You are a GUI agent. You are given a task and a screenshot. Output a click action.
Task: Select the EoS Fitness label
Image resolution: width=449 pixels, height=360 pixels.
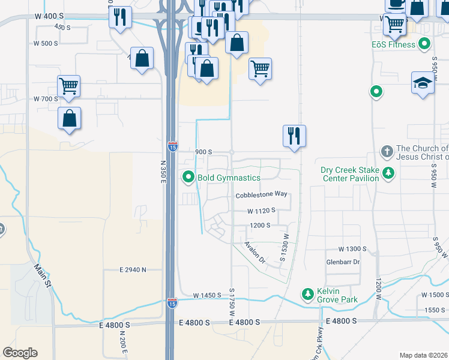point(393,44)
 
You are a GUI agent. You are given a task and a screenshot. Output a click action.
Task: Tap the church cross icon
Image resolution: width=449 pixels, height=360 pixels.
point(387,150)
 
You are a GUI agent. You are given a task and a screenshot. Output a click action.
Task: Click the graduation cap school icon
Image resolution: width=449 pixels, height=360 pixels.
point(423,83)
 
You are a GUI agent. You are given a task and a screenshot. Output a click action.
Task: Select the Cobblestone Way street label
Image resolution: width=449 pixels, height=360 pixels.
point(261,194)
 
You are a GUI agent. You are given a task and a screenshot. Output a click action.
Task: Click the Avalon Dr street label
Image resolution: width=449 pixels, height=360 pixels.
point(255,252)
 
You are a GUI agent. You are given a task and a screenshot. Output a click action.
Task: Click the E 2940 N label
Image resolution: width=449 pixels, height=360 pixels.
point(133,270)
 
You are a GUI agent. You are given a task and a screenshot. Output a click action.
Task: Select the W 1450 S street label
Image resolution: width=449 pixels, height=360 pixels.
point(207,296)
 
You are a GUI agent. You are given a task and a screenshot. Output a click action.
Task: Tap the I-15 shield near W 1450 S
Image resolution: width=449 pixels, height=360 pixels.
point(172,304)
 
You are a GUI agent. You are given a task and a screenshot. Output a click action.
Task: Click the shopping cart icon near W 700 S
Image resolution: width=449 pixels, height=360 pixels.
point(69,86)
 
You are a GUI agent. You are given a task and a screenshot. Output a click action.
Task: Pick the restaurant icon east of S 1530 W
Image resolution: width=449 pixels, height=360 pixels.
point(295,136)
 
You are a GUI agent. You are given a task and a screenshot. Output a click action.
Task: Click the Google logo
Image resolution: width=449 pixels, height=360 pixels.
point(20,353)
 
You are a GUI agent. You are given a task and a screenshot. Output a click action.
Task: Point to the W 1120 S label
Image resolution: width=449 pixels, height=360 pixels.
point(261,211)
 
